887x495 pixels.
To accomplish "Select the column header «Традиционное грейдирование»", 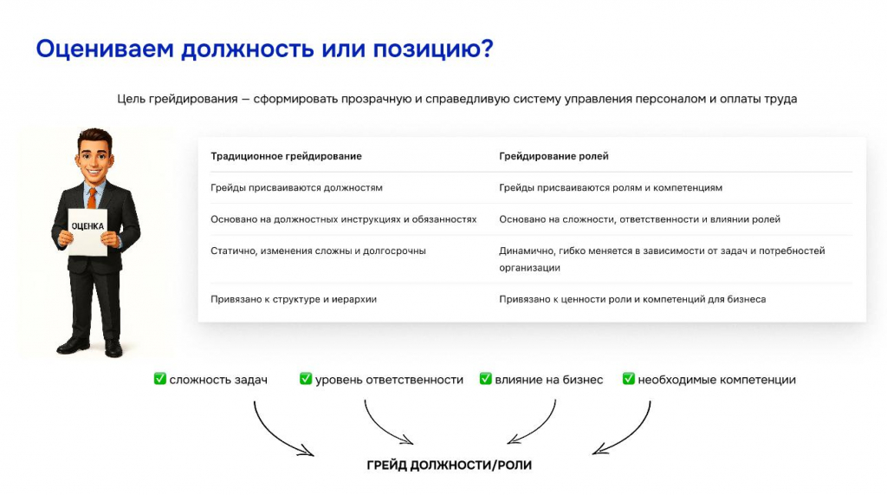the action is pos(286,156).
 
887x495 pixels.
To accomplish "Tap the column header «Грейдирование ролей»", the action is pos(554,156).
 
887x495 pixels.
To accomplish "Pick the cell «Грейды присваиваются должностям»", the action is pos(296,188).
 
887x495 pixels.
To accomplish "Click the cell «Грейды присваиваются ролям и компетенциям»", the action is pos(611,188).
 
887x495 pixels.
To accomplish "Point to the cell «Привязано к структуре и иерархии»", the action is pos(294,300).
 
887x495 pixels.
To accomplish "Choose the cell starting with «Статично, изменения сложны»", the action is pos(318,251).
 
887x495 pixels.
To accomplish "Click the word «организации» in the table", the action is pos(529,268).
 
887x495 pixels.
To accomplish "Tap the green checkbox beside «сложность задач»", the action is pos(160,378).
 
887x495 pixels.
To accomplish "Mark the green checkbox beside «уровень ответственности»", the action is pos(306,378).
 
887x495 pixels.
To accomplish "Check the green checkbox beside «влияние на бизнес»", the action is pos(485,378).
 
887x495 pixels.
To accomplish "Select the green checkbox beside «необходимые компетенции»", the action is pos(629,378).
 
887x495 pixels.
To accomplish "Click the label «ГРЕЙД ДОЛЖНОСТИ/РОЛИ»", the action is pos(450,466).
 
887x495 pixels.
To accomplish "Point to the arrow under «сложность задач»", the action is pos(270,436).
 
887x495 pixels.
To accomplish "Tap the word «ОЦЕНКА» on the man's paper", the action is pos(87,226).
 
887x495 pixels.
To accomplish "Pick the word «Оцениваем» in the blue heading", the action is pos(105,49).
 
